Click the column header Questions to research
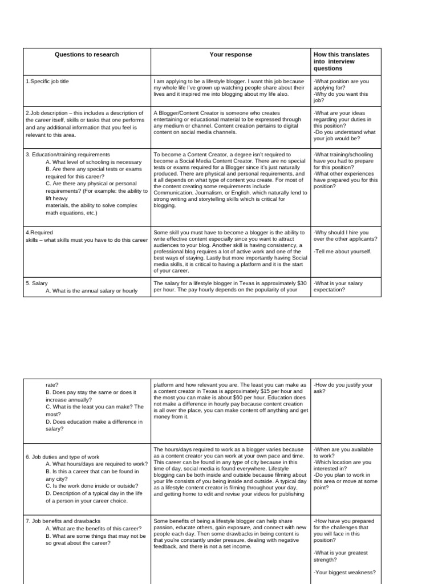point(87,55)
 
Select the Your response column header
point(231,55)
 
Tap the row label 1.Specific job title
point(47,82)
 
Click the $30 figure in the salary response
point(301,283)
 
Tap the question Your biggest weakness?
point(344,572)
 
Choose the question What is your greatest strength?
point(340,556)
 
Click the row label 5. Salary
point(36,283)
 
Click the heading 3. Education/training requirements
point(68,155)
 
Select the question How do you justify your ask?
point(343,388)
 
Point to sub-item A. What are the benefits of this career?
point(94,529)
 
